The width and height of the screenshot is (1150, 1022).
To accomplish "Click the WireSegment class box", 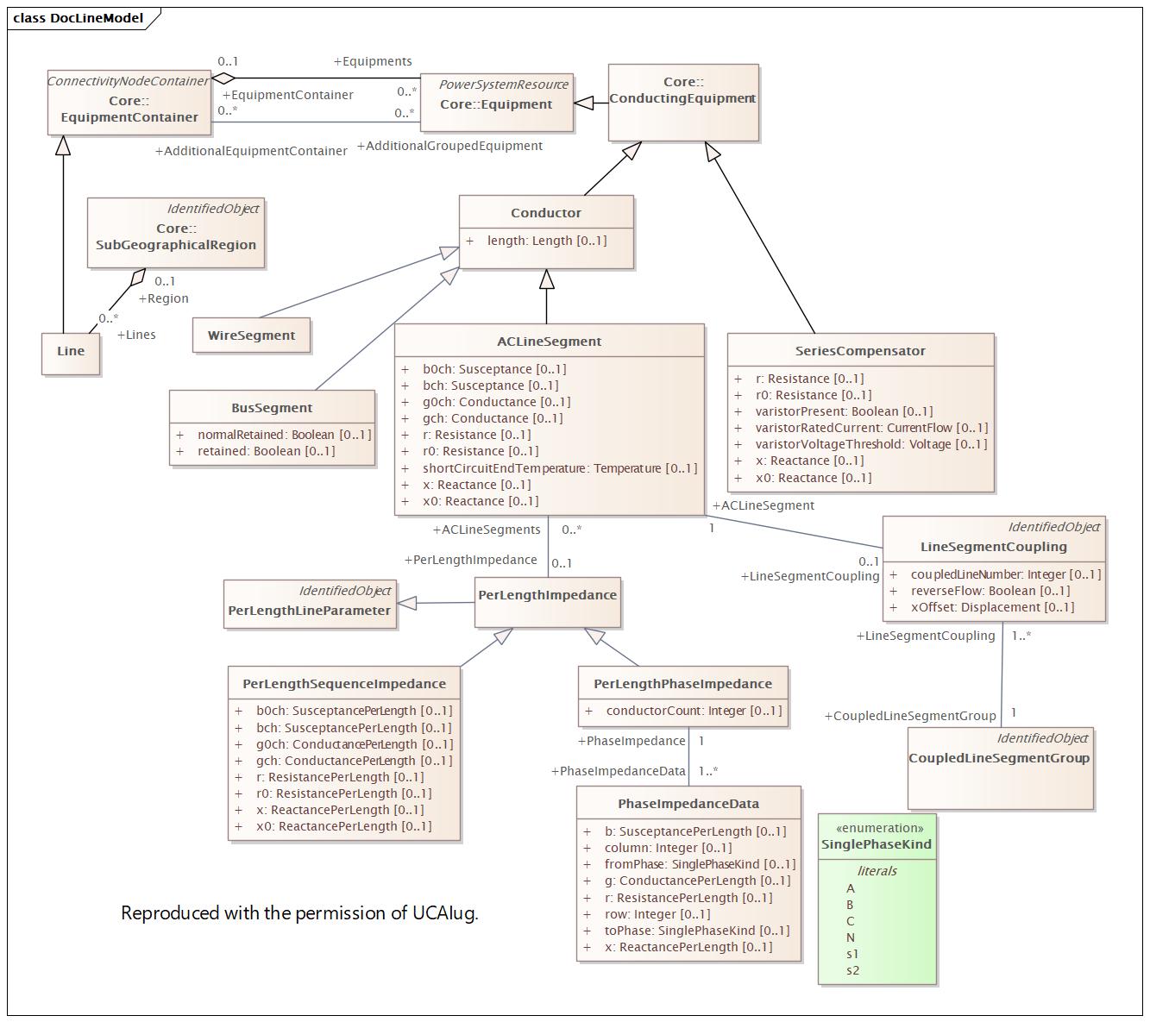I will point(251,335).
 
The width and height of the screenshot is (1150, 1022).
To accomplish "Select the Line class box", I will point(71,351).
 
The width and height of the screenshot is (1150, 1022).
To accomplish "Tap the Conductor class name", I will point(545,213).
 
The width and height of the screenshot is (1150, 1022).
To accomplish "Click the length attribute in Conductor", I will point(546,241).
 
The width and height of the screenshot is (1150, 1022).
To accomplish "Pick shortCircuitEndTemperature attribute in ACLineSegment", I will point(559,468).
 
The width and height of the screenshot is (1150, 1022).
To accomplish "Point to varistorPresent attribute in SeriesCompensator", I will point(844,411).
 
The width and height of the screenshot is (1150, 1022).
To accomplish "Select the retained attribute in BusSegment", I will point(266,451).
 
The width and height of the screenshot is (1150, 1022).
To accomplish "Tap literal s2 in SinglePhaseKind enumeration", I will point(852,970).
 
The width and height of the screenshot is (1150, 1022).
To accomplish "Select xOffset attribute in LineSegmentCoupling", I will point(992,607).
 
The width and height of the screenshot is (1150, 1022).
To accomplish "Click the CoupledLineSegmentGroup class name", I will point(999,758).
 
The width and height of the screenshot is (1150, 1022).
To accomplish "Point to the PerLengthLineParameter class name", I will point(309,611).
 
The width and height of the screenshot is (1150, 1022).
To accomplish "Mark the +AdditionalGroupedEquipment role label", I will point(449,146).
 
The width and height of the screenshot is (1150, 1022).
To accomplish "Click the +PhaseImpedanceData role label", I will point(619,771).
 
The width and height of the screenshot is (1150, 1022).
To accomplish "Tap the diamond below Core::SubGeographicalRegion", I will point(136,279).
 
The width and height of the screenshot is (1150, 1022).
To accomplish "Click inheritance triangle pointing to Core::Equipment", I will point(585,103).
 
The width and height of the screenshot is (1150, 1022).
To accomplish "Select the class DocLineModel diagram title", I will point(78,18).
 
